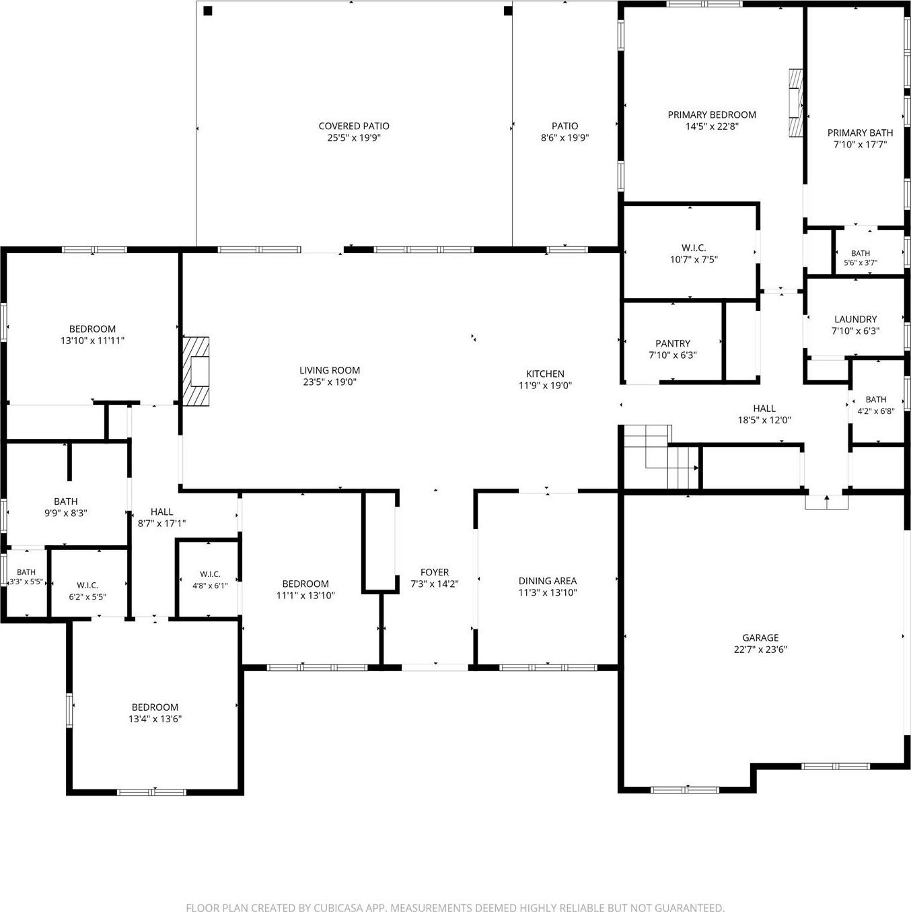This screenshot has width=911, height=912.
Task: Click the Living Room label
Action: [x=330, y=370]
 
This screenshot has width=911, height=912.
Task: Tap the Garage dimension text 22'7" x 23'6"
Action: [x=760, y=650]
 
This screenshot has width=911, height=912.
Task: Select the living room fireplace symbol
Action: [x=196, y=371]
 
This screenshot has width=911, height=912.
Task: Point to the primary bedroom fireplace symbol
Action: [x=795, y=103]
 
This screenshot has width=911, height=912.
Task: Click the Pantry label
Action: [x=672, y=343]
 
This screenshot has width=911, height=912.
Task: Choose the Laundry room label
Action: [x=855, y=319]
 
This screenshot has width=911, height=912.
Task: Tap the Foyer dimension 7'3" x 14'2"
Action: [x=435, y=584]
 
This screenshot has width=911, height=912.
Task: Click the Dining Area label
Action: [x=548, y=581]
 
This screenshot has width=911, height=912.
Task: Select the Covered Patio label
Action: [x=354, y=126]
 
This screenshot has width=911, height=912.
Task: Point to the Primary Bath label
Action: [x=860, y=133]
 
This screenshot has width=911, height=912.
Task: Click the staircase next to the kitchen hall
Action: [x=660, y=456]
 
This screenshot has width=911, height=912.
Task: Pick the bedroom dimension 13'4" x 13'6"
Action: [x=155, y=719]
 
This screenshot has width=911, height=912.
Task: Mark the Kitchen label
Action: [x=545, y=374]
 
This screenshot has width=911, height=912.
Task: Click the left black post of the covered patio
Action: [x=208, y=10]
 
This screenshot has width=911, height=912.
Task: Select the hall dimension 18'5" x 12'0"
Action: [x=764, y=420]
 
